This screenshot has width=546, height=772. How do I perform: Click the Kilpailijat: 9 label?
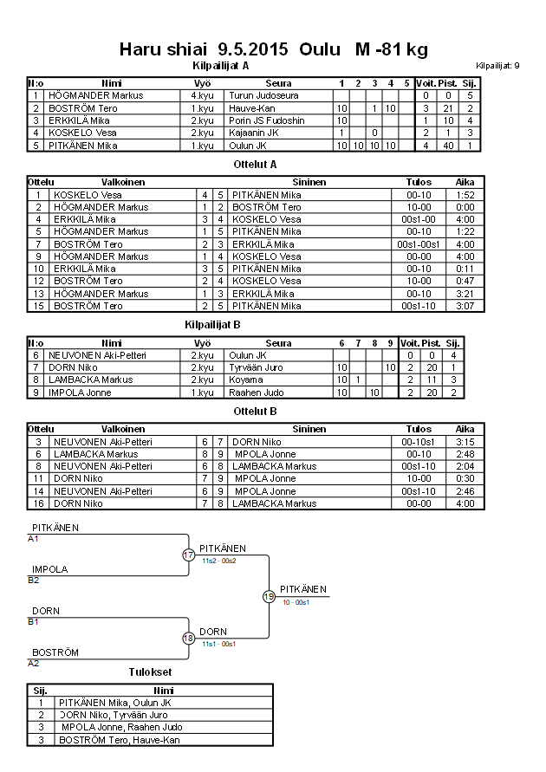[x=497, y=66]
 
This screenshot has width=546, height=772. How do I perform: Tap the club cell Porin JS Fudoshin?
[x=267, y=120]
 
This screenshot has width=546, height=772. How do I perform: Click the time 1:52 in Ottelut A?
[x=465, y=195]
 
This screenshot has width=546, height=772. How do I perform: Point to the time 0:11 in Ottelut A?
[x=465, y=269]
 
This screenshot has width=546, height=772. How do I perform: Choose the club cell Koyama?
[x=245, y=380]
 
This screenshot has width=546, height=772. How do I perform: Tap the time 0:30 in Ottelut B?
[x=465, y=478]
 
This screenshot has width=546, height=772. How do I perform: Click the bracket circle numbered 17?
[x=189, y=555]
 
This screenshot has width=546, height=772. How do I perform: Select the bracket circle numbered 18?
[x=189, y=639]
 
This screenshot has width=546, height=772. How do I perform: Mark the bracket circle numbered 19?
[x=270, y=596]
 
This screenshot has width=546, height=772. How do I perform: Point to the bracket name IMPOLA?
[x=50, y=569]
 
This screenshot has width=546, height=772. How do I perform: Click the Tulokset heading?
[x=149, y=671]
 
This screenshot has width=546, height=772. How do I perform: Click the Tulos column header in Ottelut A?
[x=419, y=183]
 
